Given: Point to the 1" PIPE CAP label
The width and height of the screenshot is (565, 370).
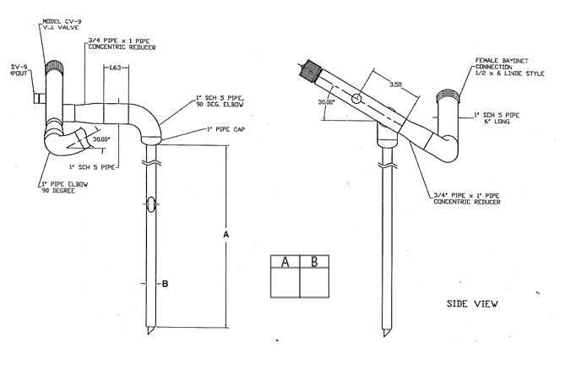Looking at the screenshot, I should pos(224,129).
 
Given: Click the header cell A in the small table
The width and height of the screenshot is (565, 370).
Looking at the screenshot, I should pos(285,262).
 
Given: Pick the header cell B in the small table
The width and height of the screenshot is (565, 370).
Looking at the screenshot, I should pos(314,262).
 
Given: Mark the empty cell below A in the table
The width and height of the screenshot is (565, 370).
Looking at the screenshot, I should pos(285,285).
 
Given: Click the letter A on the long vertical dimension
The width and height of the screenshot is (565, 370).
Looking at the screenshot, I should pos(225,233).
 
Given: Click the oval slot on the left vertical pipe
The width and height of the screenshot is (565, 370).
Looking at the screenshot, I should pos(150,204).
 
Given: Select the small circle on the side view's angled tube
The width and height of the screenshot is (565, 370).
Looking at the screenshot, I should pos(356,99).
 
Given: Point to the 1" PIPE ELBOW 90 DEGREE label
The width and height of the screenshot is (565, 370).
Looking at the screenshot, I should pos(64,187).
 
